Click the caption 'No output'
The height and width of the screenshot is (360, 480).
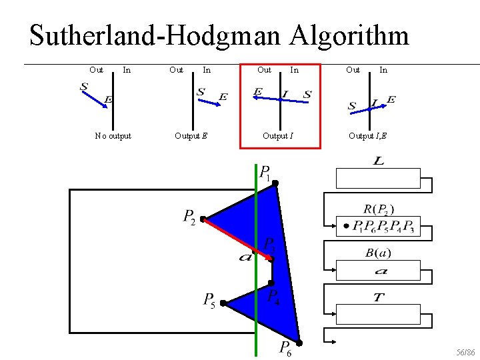[113, 136]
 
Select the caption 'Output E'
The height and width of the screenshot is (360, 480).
[191, 136]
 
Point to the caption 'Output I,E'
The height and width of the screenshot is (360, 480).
[367, 136]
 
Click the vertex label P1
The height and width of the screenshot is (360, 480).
[265, 174]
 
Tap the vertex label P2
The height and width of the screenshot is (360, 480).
[189, 217]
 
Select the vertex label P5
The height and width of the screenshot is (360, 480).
[209, 301]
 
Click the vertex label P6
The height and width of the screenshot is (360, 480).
[285, 348]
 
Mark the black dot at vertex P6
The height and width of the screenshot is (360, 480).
[300, 343]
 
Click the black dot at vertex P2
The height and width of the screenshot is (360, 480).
[203, 219]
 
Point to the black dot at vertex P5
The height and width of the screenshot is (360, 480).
[223, 303]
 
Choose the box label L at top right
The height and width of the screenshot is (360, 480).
[379, 162]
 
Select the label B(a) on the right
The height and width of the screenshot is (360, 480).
[379, 253]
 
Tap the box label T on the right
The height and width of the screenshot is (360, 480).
[379, 297]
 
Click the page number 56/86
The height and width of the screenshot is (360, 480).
[465, 351]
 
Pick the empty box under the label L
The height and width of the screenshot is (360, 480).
[379, 179]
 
